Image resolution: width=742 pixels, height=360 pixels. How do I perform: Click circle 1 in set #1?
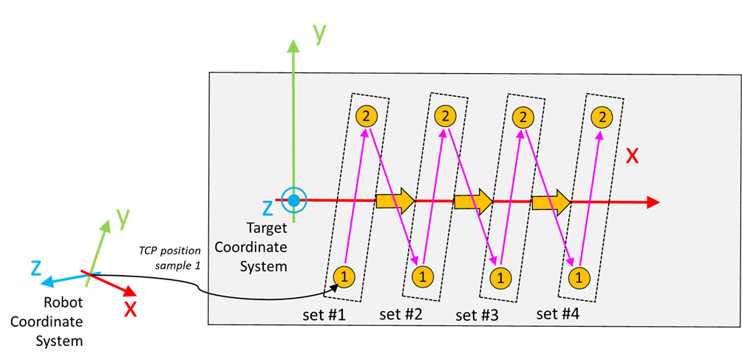[344, 276]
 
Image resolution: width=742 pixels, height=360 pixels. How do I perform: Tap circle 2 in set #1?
[367, 115]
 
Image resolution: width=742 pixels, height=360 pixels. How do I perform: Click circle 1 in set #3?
[500, 278]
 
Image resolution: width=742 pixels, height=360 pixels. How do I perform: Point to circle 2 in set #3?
[523, 116]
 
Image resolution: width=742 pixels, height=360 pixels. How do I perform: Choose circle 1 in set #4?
[579, 278]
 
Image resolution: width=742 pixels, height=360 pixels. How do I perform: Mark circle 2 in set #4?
[603, 116]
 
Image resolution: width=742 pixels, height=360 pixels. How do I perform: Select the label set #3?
[477, 315]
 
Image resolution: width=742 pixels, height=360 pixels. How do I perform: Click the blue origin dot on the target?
[294, 200]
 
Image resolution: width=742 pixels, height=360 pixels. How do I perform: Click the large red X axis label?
[633, 156]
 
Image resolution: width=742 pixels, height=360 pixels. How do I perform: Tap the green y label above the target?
[319, 33]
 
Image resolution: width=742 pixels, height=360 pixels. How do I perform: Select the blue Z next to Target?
[268, 209]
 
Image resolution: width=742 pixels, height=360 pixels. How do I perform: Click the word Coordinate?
[251, 247]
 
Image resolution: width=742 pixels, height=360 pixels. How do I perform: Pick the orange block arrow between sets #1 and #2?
[395, 200]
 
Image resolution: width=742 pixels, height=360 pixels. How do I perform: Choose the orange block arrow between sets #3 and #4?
[551, 200]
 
